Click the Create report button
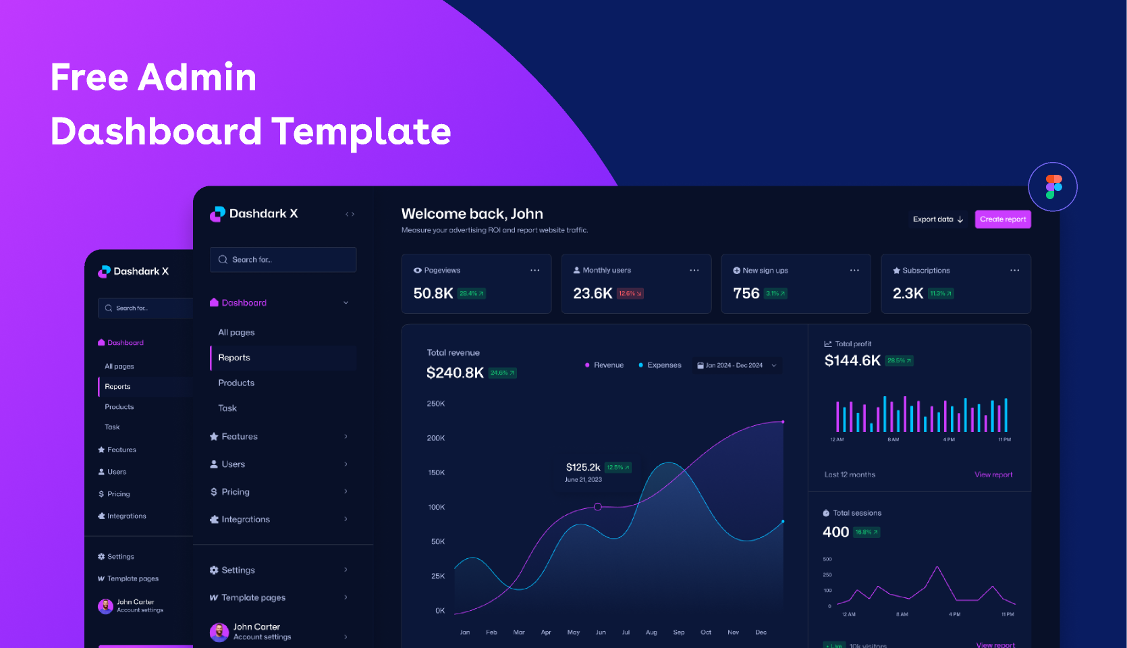click(1002, 219)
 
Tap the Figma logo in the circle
click(1053, 187)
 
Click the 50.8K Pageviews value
click(433, 294)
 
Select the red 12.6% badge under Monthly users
click(630, 294)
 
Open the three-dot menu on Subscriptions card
click(1014, 271)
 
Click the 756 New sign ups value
click(746, 294)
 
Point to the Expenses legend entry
click(663, 365)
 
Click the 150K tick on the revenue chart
click(436, 473)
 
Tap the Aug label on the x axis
click(651, 632)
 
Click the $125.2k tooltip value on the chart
click(583, 467)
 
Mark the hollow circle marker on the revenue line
click(597, 506)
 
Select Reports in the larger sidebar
click(234, 358)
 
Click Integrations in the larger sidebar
click(246, 519)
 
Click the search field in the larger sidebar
click(283, 260)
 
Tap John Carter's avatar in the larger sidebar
click(219, 632)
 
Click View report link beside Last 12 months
click(993, 475)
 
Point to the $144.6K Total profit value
click(852, 360)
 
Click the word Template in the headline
click(361, 131)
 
